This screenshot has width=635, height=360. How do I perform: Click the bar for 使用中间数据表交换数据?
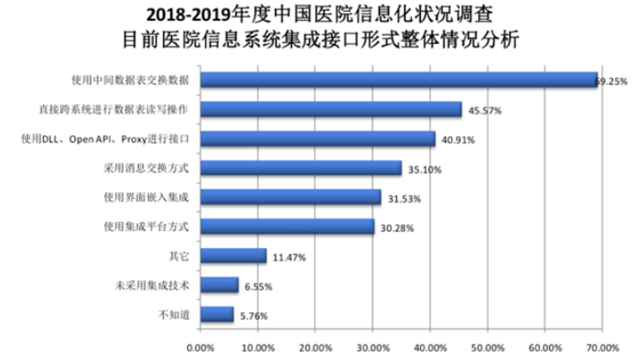398,80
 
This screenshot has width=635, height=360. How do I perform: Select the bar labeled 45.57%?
330,109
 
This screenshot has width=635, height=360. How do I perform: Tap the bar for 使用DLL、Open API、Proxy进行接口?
317,139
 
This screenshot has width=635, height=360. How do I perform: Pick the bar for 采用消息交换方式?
300,167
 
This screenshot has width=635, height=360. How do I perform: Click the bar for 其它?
233,255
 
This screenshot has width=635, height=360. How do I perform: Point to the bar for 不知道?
216,313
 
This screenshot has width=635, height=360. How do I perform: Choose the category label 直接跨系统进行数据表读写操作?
139,109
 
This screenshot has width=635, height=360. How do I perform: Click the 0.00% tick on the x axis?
200,346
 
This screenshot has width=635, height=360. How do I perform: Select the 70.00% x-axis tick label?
602,346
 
